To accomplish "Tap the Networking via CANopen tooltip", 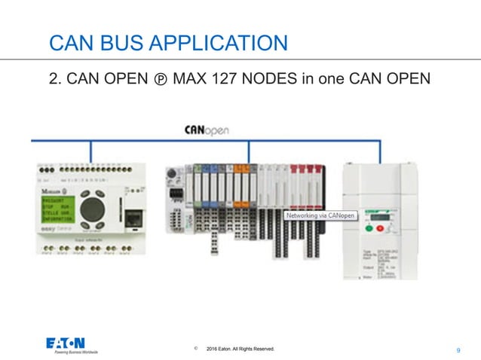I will pos(320,215).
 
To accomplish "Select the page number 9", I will pos(459,350).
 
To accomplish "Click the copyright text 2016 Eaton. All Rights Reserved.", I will pos(240,349).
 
